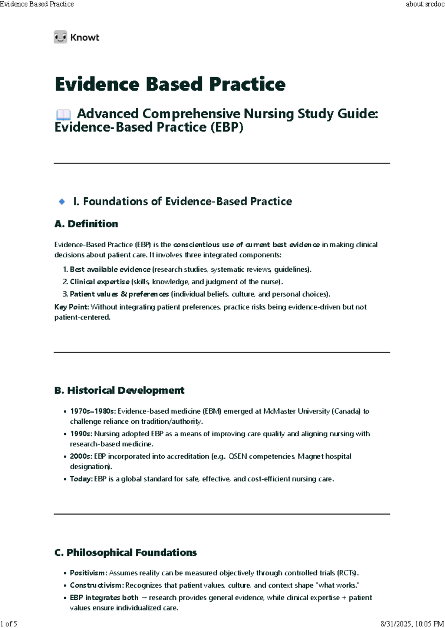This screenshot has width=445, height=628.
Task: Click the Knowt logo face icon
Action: click(x=60, y=37)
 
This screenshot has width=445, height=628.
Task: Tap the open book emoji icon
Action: click(x=63, y=115)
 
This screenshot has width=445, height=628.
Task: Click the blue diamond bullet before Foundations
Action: click(x=62, y=202)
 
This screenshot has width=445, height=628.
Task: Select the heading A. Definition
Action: click(x=86, y=224)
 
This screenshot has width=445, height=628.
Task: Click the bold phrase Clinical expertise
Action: click(x=99, y=282)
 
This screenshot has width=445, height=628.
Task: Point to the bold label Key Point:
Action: click(x=72, y=307)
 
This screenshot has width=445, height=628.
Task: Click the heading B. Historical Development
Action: click(x=119, y=390)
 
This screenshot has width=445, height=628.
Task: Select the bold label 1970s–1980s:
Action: click(x=93, y=411)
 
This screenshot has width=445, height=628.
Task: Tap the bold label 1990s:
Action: click(x=81, y=434)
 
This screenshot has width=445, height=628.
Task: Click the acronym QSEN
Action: click(x=237, y=456)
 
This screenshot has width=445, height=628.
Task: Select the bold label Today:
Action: click(x=81, y=479)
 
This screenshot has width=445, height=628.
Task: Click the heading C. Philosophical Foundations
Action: click(x=125, y=553)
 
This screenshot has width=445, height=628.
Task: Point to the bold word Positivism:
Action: click(x=89, y=573)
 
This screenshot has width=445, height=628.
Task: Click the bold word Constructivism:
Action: click(x=96, y=585)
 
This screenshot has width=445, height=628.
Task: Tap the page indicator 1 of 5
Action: click(x=9, y=624)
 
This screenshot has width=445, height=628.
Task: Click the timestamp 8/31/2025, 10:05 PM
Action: click(x=412, y=624)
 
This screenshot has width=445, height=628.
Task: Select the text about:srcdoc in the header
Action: click(x=425, y=4)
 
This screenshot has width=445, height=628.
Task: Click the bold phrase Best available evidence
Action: click(x=110, y=270)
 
